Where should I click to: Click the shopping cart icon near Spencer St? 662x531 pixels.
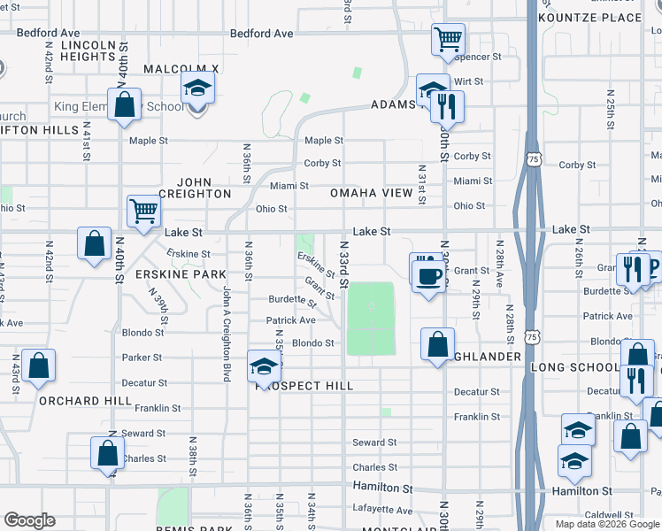[448, 40]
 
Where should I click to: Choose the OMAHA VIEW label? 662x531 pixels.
[371, 193]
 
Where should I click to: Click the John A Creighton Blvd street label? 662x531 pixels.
[227, 334]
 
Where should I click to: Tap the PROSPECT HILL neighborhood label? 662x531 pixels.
[304, 386]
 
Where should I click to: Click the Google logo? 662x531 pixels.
[29, 520]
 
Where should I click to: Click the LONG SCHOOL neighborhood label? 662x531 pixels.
[574, 367]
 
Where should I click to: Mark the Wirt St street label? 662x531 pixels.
[467, 81]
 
